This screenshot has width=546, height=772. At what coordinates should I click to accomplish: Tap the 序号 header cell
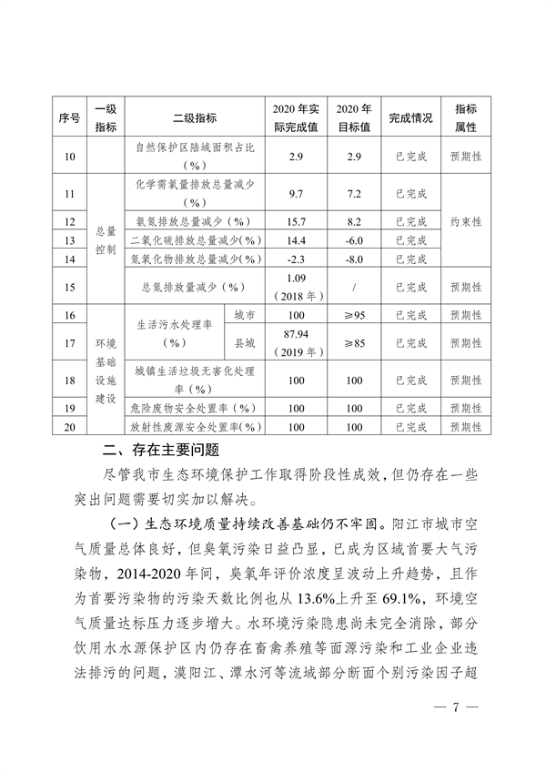(69, 118)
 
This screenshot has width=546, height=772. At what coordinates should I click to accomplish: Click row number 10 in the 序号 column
(69, 157)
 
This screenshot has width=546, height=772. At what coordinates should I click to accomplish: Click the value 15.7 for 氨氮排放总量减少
(295, 221)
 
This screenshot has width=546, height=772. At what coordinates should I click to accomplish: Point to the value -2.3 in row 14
(295, 259)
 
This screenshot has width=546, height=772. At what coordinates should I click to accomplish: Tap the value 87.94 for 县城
(295, 336)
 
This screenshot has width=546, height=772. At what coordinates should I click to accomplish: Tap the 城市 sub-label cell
(243, 315)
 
